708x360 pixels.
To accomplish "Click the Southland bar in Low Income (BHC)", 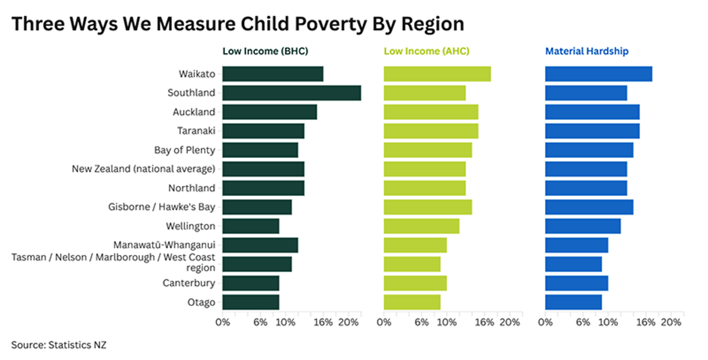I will pyautogui.click(x=291, y=93).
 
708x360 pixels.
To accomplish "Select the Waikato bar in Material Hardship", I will pyautogui.click(x=598, y=74).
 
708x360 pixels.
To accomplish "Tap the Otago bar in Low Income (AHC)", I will pyautogui.click(x=412, y=302).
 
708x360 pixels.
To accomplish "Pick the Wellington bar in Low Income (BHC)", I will pyautogui.click(x=251, y=226).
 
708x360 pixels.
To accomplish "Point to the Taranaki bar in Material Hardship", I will pyautogui.click(x=592, y=131).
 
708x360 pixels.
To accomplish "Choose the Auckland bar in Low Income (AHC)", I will pyautogui.click(x=431, y=112).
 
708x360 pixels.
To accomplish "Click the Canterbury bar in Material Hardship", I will pyautogui.click(x=576, y=283).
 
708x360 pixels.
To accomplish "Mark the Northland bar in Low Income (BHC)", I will pyautogui.click(x=263, y=188).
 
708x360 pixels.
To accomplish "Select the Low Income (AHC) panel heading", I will pyautogui.click(x=427, y=51).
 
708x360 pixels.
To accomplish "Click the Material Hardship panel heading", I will pyautogui.click(x=586, y=51).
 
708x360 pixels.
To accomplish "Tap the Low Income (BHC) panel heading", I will pyautogui.click(x=265, y=51).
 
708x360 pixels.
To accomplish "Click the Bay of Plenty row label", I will pyautogui.click(x=185, y=150).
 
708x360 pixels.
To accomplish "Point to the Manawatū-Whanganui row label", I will pyautogui.click(x=164, y=245).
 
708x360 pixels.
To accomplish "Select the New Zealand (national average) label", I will pyautogui.click(x=143, y=169).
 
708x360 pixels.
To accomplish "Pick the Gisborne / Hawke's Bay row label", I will pyautogui.click(x=162, y=207).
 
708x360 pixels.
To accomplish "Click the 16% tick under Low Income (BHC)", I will pyautogui.click(x=323, y=323).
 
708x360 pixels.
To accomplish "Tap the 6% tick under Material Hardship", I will pyautogui.click(x=583, y=323).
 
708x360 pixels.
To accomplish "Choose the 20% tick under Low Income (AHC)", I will pyautogui.click(x=510, y=323).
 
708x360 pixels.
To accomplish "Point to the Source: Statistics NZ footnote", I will pyautogui.click(x=59, y=344).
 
